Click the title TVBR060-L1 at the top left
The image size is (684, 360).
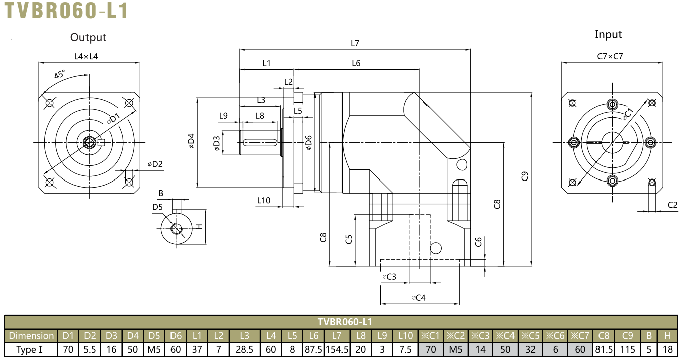click(66, 11)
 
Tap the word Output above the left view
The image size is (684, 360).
click(88, 37)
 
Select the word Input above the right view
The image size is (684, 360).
click(608, 35)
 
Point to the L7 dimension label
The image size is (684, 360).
click(355, 43)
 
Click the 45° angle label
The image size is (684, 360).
click(59, 74)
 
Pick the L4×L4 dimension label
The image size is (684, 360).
click(86, 56)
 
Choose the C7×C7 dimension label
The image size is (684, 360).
click(610, 56)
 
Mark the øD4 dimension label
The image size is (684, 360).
click(191, 141)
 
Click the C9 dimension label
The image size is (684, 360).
click(524, 176)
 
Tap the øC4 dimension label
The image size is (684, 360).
click(418, 298)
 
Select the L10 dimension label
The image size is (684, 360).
click(263, 200)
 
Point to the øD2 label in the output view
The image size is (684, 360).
click(155, 164)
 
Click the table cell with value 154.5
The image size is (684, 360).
click(337, 349)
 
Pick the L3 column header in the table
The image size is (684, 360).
click(244, 336)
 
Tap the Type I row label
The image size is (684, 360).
click(30, 349)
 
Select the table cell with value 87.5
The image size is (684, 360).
click(314, 349)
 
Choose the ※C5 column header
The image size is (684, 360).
click(530, 336)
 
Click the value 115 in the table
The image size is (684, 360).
click(628, 349)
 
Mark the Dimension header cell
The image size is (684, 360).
click(31, 336)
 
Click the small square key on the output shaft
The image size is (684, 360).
click(101, 143)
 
